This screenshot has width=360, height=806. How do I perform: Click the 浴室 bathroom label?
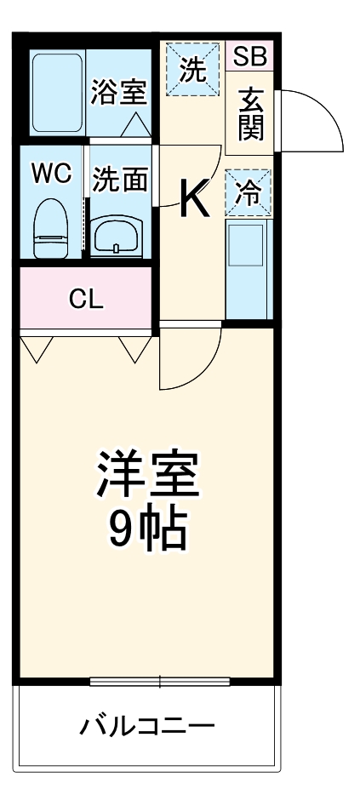click(119, 93)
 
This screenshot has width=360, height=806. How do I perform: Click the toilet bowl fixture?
click(51, 228)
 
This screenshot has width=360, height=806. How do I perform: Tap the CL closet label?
click(85, 299)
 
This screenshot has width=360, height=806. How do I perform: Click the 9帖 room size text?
click(147, 529)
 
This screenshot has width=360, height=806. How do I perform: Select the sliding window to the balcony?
click(159, 681)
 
